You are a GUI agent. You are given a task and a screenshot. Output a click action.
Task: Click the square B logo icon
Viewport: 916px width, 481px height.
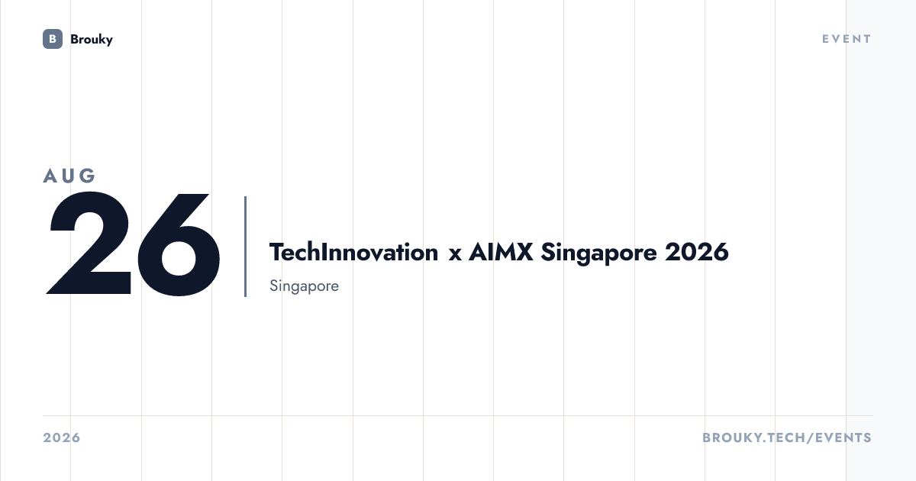(53, 39)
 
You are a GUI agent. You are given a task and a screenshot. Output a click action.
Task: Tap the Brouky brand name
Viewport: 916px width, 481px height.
(92, 40)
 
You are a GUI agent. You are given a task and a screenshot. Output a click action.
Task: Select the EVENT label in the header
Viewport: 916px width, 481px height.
(847, 39)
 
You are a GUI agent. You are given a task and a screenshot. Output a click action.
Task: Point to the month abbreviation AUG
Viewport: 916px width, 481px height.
(69, 176)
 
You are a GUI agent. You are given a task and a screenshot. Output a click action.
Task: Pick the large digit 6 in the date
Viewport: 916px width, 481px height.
(179, 244)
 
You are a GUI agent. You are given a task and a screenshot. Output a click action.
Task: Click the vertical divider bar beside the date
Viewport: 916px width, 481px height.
(245, 246)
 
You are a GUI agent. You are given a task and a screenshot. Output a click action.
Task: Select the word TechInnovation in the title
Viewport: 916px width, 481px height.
(353, 252)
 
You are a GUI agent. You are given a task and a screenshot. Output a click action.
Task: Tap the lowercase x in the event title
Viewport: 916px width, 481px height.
(455, 254)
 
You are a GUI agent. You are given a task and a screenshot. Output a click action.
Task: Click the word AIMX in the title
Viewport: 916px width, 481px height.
(501, 252)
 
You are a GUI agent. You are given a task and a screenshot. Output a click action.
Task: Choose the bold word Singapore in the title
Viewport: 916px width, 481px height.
(598, 253)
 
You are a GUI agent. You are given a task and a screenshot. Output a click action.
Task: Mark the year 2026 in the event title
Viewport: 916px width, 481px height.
(697, 252)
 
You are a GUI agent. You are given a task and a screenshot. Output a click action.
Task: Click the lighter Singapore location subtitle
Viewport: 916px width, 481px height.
(305, 286)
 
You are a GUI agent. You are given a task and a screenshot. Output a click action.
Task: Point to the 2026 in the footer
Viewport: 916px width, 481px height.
(62, 437)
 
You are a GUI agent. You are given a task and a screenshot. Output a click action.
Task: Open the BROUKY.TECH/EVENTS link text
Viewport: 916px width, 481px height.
(787, 437)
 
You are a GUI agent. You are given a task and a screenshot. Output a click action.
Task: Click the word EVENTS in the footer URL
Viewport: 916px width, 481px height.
(843, 437)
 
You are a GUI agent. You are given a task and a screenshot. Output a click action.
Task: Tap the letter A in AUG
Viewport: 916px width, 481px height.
(50, 176)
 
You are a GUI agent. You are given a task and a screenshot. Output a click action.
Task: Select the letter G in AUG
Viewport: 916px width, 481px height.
(87, 176)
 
